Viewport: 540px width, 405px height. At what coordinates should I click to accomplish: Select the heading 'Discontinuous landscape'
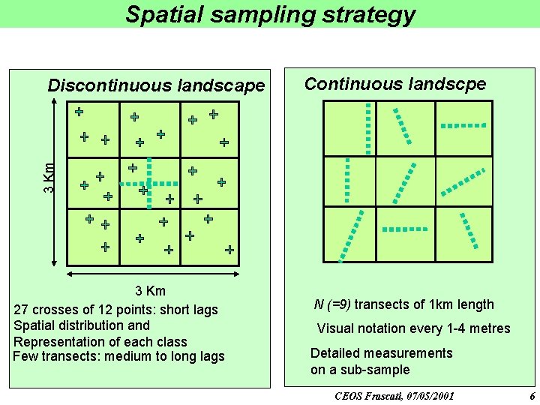156,85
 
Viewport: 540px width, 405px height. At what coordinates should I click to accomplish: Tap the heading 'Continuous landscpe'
394,84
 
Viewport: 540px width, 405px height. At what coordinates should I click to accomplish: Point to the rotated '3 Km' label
49,178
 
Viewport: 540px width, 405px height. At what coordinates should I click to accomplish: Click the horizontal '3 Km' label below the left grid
150,291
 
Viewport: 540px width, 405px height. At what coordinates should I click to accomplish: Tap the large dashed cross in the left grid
149,182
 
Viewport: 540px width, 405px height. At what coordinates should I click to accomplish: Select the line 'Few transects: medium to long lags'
118,356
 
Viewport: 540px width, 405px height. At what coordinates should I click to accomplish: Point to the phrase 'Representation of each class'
100,341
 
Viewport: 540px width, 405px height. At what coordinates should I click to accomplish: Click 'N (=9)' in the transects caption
332,304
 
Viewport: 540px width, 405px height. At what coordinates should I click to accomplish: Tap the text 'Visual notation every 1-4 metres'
413,328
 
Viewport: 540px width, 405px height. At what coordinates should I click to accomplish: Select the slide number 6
532,395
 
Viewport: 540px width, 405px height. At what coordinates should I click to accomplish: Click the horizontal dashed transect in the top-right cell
463,125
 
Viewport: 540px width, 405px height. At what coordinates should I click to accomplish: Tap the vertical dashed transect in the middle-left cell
346,181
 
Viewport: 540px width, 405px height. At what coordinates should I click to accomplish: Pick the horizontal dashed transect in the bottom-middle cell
406,229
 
